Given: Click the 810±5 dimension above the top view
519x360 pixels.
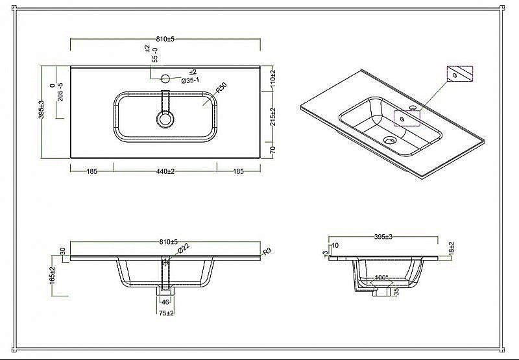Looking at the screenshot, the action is (x=165, y=39).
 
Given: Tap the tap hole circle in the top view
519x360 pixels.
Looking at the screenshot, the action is (x=165, y=78).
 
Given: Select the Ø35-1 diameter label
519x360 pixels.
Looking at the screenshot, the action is (x=190, y=80).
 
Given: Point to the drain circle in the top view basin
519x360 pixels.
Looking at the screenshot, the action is (x=165, y=119).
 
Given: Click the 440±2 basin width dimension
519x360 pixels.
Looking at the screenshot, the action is (x=165, y=171).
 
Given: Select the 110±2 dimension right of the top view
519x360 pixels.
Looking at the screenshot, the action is (x=272, y=77).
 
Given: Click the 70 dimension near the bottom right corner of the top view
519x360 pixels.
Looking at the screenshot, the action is (x=272, y=150).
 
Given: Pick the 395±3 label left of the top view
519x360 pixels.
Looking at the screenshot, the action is (x=42, y=110).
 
